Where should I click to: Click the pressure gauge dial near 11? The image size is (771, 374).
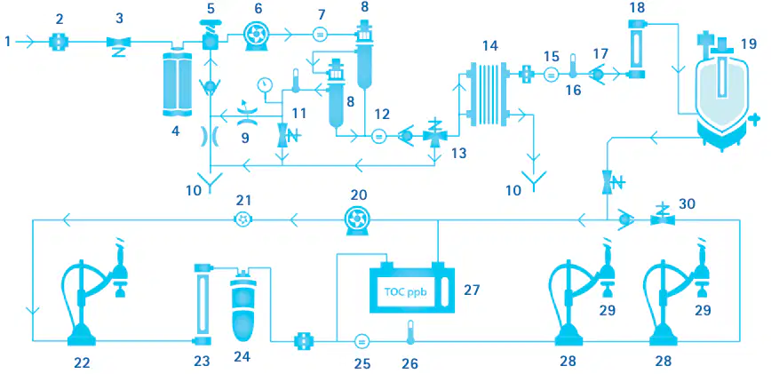pos(266,85)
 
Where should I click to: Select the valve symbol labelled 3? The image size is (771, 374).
pos(118,44)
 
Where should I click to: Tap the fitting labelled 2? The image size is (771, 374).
pos(59,43)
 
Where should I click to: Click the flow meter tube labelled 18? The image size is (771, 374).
pos(637,48)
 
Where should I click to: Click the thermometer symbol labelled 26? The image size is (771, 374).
pos(409,334)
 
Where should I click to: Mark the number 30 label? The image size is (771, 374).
pos(688,203)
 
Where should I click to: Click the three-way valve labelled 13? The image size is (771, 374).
pos(434,134)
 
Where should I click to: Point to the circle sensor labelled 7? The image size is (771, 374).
pos(320,35)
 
